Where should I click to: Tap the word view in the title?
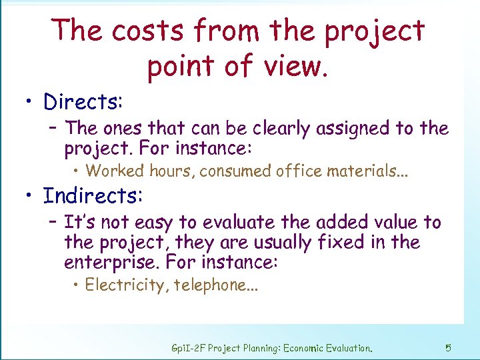click(294, 65)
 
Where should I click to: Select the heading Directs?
click(83, 102)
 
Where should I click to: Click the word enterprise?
click(110, 262)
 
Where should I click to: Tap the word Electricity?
click(127, 285)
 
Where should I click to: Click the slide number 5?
click(448, 347)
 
